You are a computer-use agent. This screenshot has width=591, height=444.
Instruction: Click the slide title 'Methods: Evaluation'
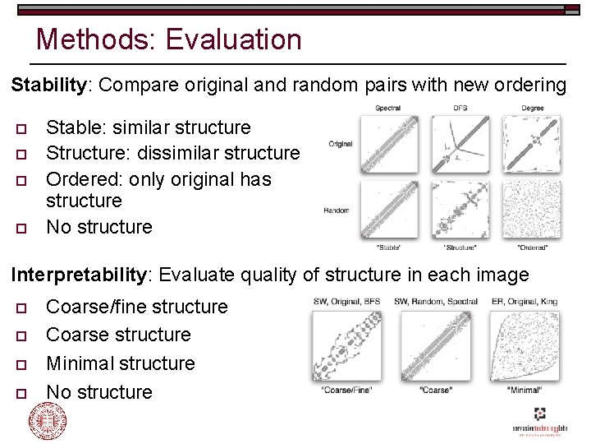169,39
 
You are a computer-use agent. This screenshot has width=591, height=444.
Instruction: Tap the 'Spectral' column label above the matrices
388,109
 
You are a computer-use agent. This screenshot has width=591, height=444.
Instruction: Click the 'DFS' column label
460,109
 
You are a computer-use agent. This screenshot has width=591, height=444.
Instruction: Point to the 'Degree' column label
533,109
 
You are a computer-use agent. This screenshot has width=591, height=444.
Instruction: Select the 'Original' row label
341,144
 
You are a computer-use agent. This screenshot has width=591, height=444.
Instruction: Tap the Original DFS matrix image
460,145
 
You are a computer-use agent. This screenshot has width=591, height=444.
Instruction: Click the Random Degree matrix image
533,210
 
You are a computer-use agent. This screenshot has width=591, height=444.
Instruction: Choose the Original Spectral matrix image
388,145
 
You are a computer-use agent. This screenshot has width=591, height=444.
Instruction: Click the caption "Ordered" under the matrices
534,247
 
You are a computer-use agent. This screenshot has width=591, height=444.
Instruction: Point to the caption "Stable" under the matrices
388,247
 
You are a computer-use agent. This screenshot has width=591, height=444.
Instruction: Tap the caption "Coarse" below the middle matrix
436,389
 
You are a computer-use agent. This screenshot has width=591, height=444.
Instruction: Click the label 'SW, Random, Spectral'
436,302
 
